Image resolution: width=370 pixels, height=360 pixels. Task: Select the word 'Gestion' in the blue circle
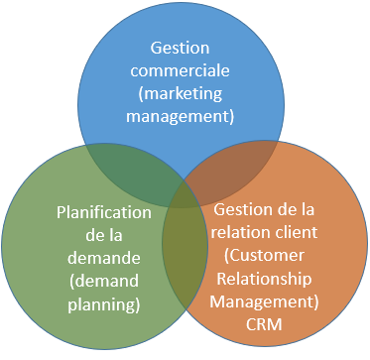(185, 48)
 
